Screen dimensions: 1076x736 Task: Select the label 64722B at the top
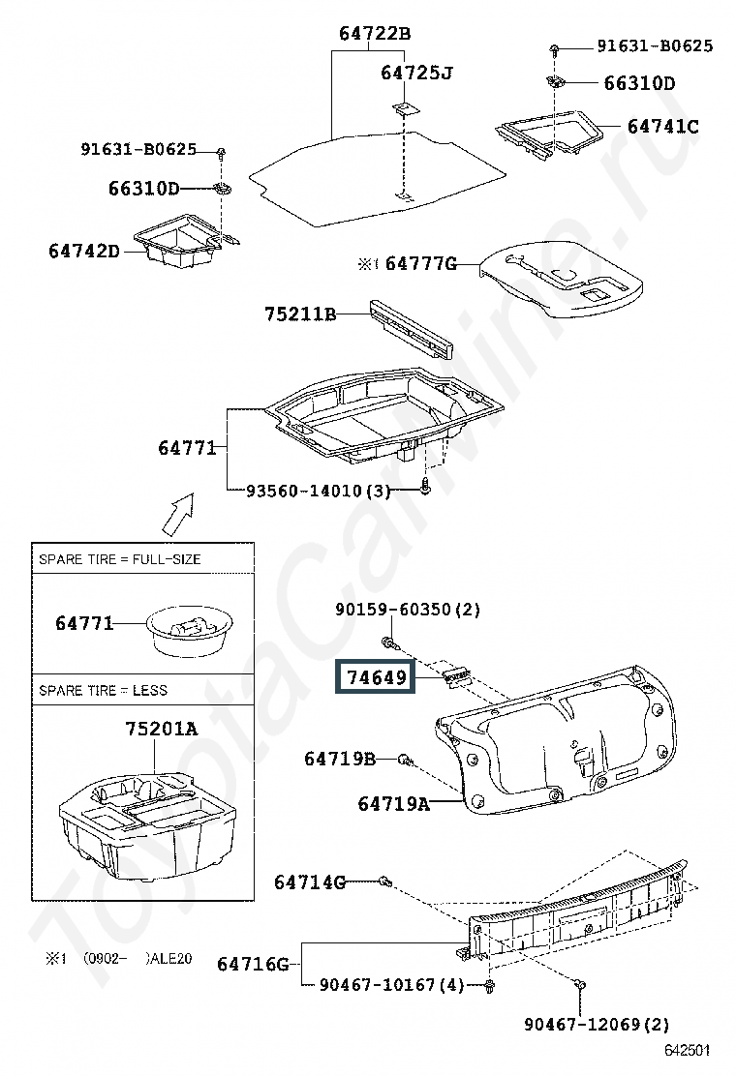(x=375, y=34)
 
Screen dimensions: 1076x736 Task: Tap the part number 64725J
(x=416, y=74)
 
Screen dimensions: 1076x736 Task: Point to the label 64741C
(x=662, y=127)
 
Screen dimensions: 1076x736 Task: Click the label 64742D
(x=84, y=251)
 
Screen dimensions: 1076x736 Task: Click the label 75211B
(x=300, y=314)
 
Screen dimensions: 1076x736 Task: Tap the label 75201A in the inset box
(x=161, y=729)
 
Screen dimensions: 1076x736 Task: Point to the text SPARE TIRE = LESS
(x=103, y=690)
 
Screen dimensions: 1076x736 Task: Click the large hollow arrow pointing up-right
(x=176, y=513)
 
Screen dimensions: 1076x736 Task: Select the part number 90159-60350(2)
(x=408, y=610)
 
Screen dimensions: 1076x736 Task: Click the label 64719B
(x=339, y=759)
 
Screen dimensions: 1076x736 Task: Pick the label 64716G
(x=253, y=964)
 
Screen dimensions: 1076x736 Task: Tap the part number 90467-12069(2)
(x=597, y=1024)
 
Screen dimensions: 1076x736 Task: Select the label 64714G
(x=309, y=882)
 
